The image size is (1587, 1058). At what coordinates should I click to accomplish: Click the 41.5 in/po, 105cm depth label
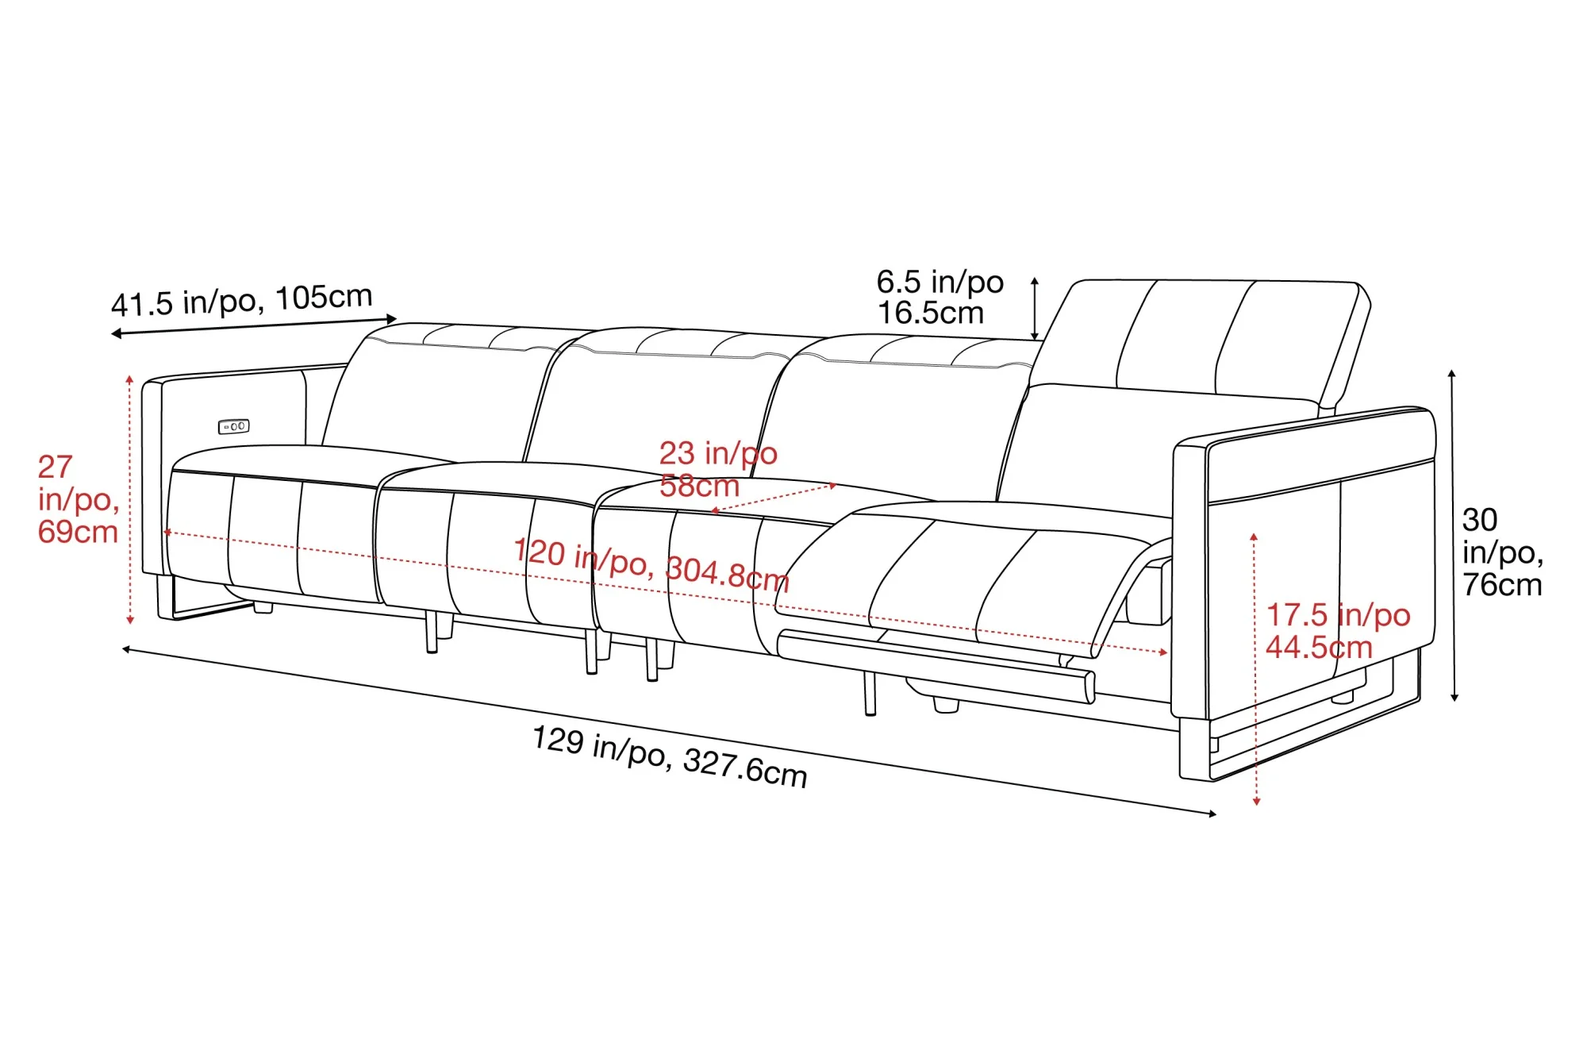(241, 300)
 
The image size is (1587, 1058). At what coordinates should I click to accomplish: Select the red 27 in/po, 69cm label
(77, 499)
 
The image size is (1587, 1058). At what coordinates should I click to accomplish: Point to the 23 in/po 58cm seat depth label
(717, 468)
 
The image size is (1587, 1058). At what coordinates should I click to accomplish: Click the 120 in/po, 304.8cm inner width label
(651, 564)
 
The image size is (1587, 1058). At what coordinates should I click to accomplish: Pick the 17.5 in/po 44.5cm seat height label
(1337, 631)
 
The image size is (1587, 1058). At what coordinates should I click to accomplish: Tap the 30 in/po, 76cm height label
(1501, 552)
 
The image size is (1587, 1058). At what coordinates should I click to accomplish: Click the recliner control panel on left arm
(234, 426)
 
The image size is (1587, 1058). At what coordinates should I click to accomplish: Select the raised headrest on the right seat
(1206, 337)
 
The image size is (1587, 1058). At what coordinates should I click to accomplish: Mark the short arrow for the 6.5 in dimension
(1035, 309)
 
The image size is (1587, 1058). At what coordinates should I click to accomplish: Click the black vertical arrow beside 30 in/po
(1453, 536)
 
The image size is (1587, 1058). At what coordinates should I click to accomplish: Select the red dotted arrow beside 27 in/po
(130, 500)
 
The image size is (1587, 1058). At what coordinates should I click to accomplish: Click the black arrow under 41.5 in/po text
(254, 326)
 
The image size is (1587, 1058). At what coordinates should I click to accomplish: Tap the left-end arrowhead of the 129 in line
(126, 649)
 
